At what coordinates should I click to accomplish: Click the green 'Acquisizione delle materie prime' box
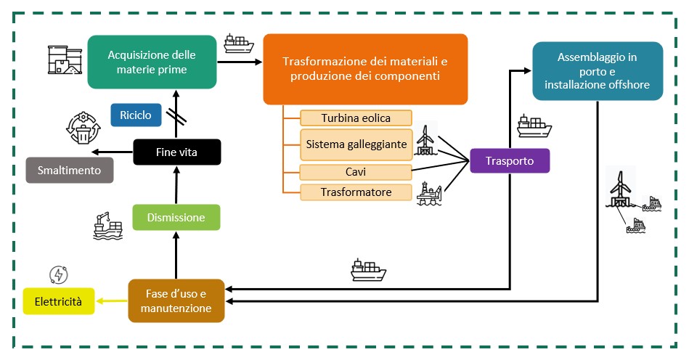[152, 61]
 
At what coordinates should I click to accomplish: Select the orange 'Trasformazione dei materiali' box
[364, 69]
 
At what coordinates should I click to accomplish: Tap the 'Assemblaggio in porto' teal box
[598, 70]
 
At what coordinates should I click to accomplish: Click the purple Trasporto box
[510, 160]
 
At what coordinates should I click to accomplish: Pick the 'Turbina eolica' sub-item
[356, 118]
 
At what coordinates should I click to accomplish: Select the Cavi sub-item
[356, 171]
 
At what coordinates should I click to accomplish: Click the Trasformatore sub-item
[356, 192]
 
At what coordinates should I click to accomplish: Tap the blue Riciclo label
[131, 115]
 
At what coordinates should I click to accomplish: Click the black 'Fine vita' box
[176, 152]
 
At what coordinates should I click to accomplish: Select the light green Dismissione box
[176, 217]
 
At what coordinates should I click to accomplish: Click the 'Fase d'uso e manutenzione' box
[176, 300]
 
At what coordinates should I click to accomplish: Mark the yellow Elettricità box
[60, 300]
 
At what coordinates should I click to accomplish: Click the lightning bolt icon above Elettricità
[57, 274]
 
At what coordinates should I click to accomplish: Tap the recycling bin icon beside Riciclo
[83, 129]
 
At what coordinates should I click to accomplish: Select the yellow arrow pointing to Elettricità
[113, 300]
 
